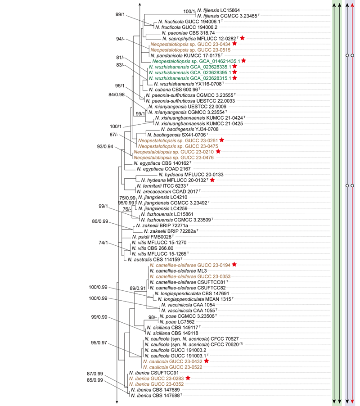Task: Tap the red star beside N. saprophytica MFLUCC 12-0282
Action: click(x=243, y=38)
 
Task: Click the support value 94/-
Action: click(x=120, y=39)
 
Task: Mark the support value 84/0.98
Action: click(x=119, y=95)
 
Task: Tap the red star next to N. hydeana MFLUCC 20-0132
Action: click(x=212, y=180)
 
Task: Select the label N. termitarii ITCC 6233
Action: click(x=162, y=185)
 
